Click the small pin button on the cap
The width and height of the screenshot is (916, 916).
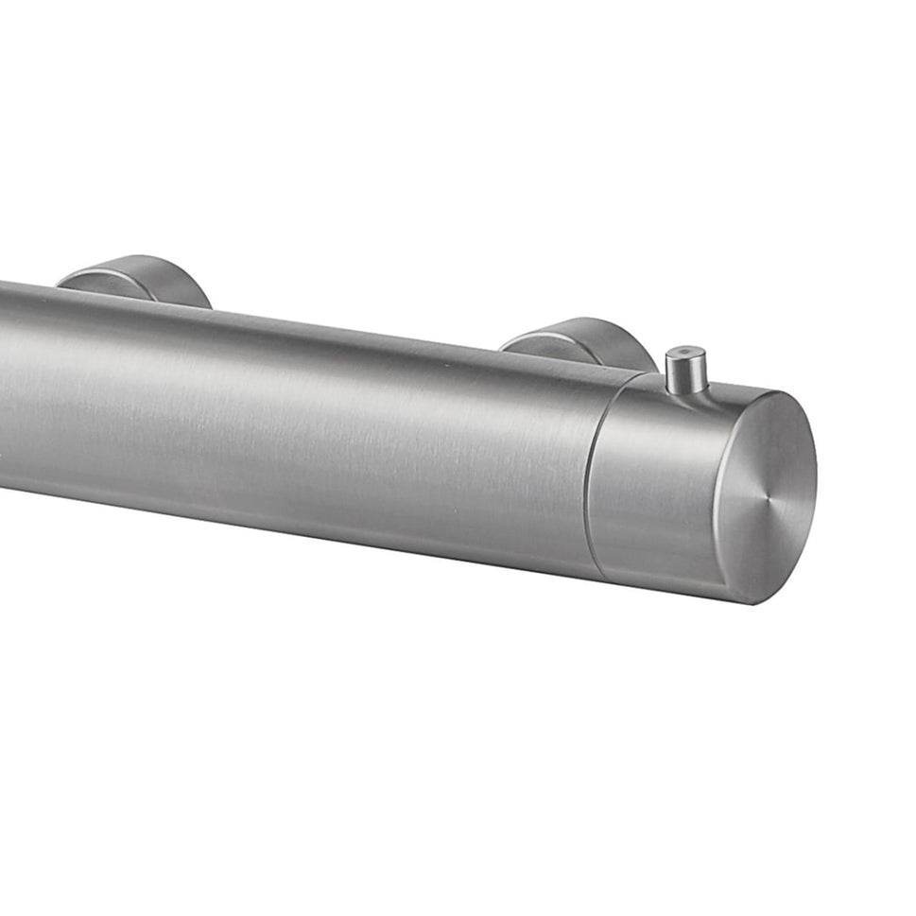(685, 370)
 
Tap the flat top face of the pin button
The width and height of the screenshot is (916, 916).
(685, 354)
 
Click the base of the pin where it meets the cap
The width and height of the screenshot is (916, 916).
(686, 390)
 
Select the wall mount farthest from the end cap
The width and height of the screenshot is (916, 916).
(137, 279)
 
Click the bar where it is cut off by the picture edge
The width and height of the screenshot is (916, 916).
(5, 388)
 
